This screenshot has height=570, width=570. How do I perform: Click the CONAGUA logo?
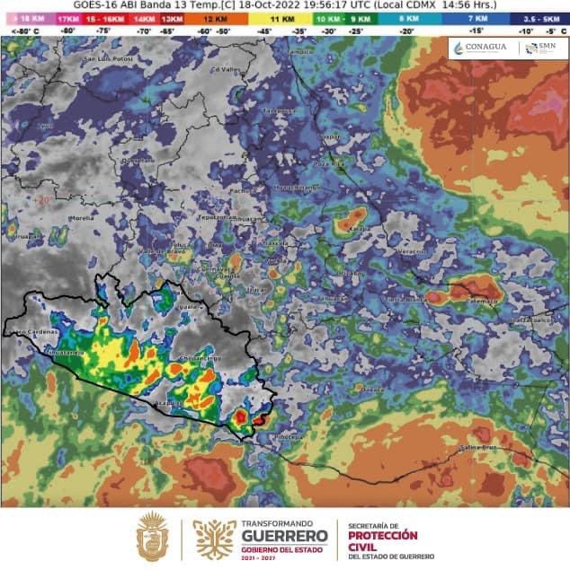(x=480, y=48)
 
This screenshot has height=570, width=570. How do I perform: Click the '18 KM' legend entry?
(x=26, y=18)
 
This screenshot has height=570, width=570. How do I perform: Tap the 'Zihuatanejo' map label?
(x=66, y=353)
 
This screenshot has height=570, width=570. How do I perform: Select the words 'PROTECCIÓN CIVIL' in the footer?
(x=382, y=541)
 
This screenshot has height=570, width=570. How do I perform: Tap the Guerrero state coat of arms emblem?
(x=152, y=537)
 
